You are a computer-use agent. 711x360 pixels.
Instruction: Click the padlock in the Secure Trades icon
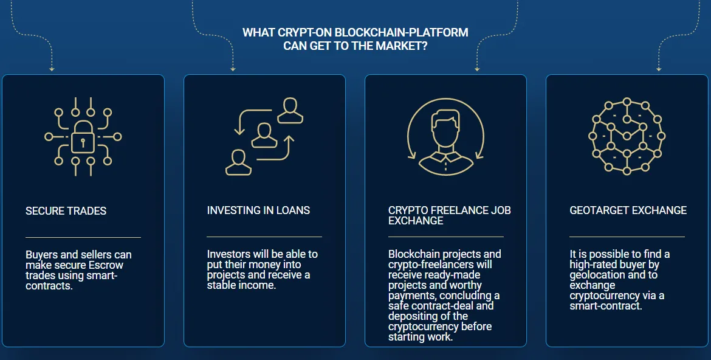pyautogui.click(x=83, y=137)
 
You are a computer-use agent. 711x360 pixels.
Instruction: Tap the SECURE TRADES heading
pyautogui.click(x=66, y=210)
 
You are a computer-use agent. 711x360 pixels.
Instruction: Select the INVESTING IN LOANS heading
pyautogui.click(x=258, y=210)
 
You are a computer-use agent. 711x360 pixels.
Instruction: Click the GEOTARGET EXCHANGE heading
pyautogui.click(x=628, y=210)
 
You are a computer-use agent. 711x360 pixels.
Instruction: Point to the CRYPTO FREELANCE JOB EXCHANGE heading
pyautogui.click(x=449, y=215)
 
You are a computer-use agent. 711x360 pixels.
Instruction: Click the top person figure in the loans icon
pyautogui.click(x=290, y=111)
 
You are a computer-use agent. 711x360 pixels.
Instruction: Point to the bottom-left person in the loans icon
pyautogui.click(x=238, y=162)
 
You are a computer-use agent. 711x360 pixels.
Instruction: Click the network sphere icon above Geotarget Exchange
pyautogui.click(x=627, y=136)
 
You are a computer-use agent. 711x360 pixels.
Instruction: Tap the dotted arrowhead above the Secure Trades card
pyautogui.click(x=52, y=69)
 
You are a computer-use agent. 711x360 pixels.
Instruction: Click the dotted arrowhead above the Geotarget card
pyautogui.click(x=659, y=69)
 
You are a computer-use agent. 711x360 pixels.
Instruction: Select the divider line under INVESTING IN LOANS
pyautogui.click(x=264, y=237)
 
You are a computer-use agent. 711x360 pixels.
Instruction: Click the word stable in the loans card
pyautogui.click(x=219, y=286)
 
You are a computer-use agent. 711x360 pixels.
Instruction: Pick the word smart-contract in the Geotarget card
pyautogui.click(x=606, y=306)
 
